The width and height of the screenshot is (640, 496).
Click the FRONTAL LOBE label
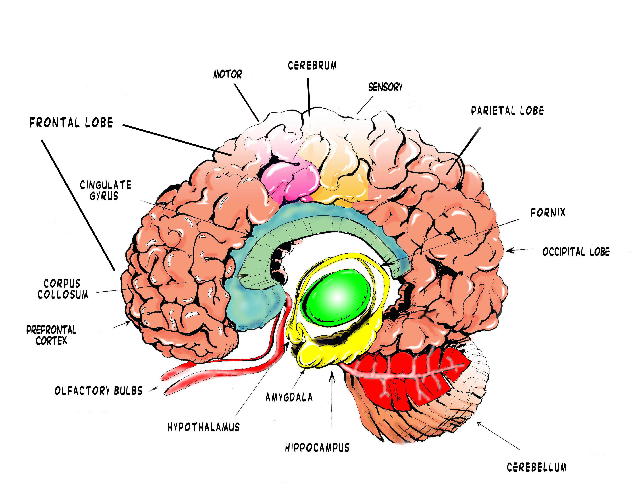71,123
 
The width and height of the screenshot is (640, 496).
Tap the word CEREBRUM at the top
312,66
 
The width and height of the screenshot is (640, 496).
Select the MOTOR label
227,74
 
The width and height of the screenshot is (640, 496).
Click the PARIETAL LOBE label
507,111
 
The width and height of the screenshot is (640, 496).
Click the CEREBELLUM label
537,467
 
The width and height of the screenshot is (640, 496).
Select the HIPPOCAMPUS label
317,447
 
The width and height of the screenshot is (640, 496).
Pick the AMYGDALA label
289,397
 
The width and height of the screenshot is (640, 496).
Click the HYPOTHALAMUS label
203,427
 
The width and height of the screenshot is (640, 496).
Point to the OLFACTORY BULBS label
99,391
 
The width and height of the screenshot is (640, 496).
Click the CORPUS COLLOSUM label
63,289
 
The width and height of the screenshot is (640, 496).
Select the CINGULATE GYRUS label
105,190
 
